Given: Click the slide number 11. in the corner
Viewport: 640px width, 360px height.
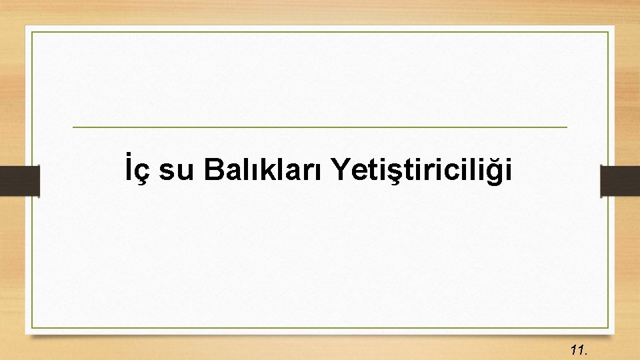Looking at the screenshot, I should tap(578, 349).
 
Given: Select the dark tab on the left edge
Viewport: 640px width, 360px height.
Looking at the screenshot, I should tap(19, 181).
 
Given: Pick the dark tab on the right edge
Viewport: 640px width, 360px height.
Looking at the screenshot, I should tap(620, 181).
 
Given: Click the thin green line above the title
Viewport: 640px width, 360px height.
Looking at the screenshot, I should tap(319, 127).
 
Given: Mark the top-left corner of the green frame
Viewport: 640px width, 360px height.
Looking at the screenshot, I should tap(33, 31).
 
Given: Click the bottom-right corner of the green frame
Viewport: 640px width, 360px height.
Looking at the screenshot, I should tap(608, 327).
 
